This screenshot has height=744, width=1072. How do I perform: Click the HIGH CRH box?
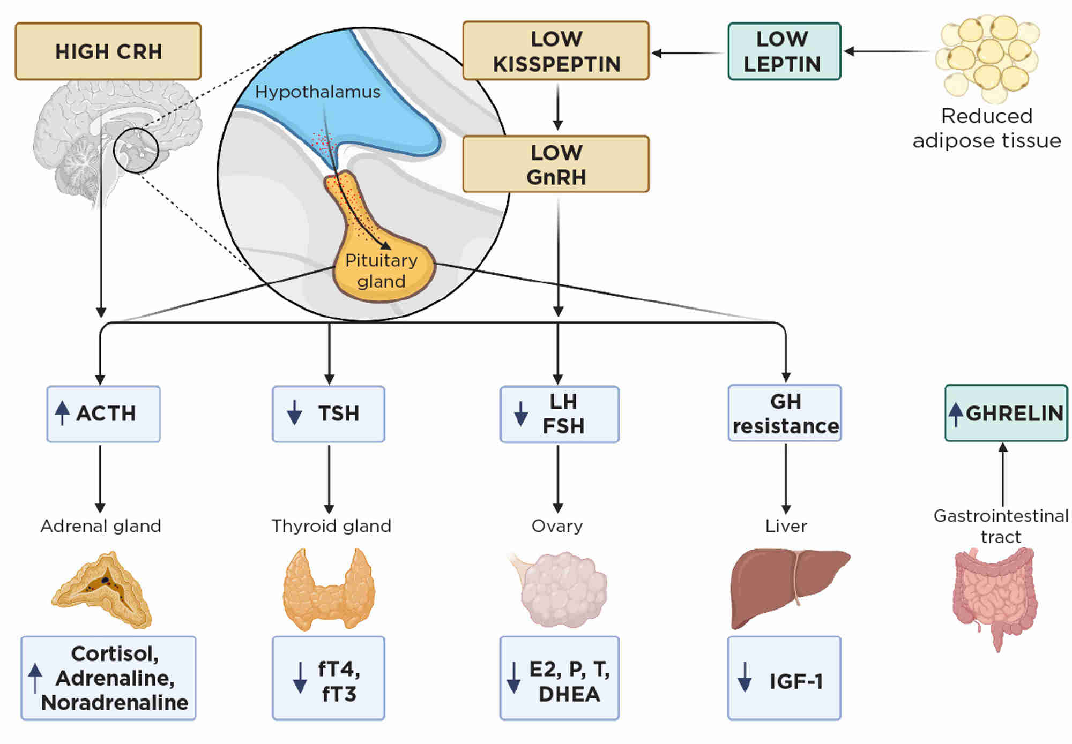108,51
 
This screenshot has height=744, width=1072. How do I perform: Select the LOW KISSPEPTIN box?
556,51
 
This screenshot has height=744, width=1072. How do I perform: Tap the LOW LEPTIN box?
784,51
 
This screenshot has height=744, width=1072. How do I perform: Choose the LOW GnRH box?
556,164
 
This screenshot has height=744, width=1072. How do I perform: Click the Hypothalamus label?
317,92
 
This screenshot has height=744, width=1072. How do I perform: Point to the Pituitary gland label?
381,270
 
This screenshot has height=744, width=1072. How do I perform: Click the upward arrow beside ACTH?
62,413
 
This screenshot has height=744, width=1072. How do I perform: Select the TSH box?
328,414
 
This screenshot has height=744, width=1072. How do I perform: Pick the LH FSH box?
559,414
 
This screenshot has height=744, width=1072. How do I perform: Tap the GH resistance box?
785,414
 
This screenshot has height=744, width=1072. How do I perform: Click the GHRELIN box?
1006,413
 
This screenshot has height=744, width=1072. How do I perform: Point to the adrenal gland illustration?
102,589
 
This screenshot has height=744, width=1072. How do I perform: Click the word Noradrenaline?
115,703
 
